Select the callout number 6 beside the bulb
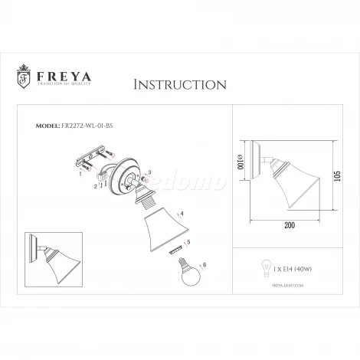[205, 265]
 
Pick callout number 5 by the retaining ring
[188, 242]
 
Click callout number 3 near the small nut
[149, 172]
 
